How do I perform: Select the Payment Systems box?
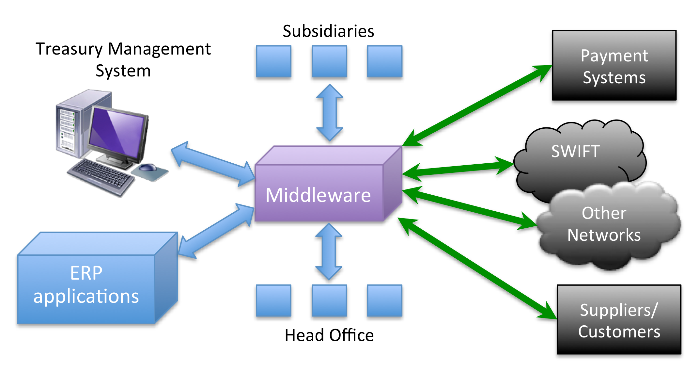click(x=614, y=65)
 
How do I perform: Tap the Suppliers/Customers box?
click(x=619, y=319)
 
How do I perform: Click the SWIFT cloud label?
click(x=575, y=151)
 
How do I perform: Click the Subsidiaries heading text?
click(x=328, y=31)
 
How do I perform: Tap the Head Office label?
click(x=329, y=335)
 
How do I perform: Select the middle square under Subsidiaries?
click(x=329, y=61)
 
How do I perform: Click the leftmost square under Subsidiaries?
click(x=273, y=61)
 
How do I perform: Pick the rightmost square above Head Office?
click(x=385, y=301)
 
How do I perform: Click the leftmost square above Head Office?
click(x=273, y=301)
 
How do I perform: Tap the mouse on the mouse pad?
click(x=148, y=168)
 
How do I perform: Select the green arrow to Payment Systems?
click(x=477, y=106)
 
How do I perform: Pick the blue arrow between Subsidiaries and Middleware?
click(x=330, y=113)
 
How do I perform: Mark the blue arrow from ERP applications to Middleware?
click(x=216, y=230)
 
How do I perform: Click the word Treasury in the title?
click(x=69, y=49)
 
